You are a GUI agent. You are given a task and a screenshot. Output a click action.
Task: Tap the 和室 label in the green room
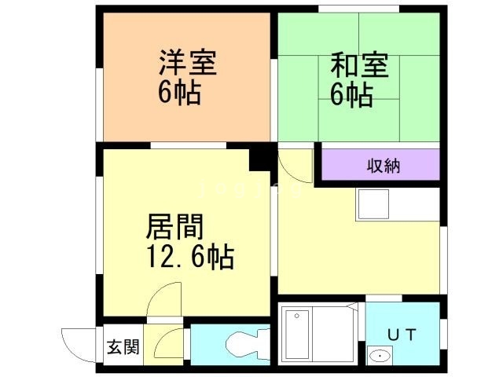(359, 63)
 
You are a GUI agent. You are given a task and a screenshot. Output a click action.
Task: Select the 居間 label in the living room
(174, 229)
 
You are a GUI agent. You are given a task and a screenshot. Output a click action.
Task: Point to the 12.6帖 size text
(188, 257)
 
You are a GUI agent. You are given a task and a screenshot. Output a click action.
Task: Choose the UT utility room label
(402, 334)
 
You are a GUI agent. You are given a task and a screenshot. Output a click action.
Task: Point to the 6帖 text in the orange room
(179, 93)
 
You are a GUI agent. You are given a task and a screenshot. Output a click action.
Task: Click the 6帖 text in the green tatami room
(351, 93)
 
